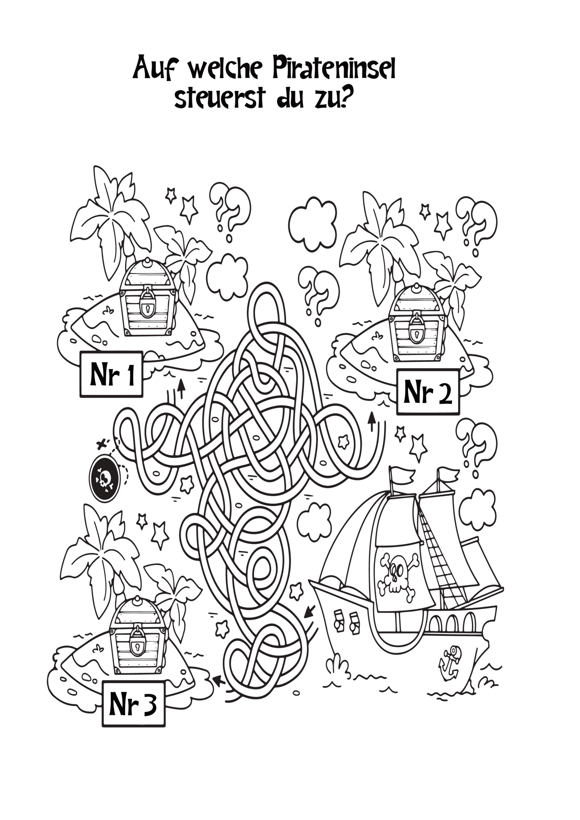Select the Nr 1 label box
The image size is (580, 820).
click(x=111, y=374)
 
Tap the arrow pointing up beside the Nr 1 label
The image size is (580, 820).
click(x=182, y=389)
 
